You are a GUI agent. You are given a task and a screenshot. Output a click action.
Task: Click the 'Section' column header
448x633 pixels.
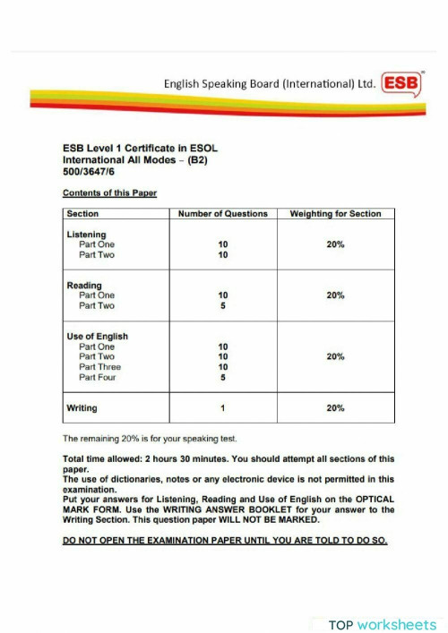82,214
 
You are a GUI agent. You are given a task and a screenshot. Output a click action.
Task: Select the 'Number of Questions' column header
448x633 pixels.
223,214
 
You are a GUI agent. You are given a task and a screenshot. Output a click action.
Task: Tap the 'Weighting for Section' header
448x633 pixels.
336,214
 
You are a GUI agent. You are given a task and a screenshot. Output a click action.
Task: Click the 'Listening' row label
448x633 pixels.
86,234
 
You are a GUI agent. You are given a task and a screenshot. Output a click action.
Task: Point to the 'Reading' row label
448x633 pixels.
84,286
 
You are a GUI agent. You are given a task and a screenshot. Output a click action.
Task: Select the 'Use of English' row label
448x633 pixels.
97,337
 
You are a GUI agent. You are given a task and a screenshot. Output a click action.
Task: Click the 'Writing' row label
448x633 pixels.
82,408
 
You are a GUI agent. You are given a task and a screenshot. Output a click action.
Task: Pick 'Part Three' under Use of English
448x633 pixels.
99,367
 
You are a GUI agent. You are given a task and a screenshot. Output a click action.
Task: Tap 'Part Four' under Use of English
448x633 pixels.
98,378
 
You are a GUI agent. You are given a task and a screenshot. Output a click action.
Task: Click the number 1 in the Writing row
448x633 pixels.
223,408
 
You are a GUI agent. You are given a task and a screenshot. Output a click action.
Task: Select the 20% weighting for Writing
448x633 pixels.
336,408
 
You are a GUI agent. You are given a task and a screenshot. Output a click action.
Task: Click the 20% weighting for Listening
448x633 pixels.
336,244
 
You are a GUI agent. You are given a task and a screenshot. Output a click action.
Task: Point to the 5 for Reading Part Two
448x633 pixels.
223,306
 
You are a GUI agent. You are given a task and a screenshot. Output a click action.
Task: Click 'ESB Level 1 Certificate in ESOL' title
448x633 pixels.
140,149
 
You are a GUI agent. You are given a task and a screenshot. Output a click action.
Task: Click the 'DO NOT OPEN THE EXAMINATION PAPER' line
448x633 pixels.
224,542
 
